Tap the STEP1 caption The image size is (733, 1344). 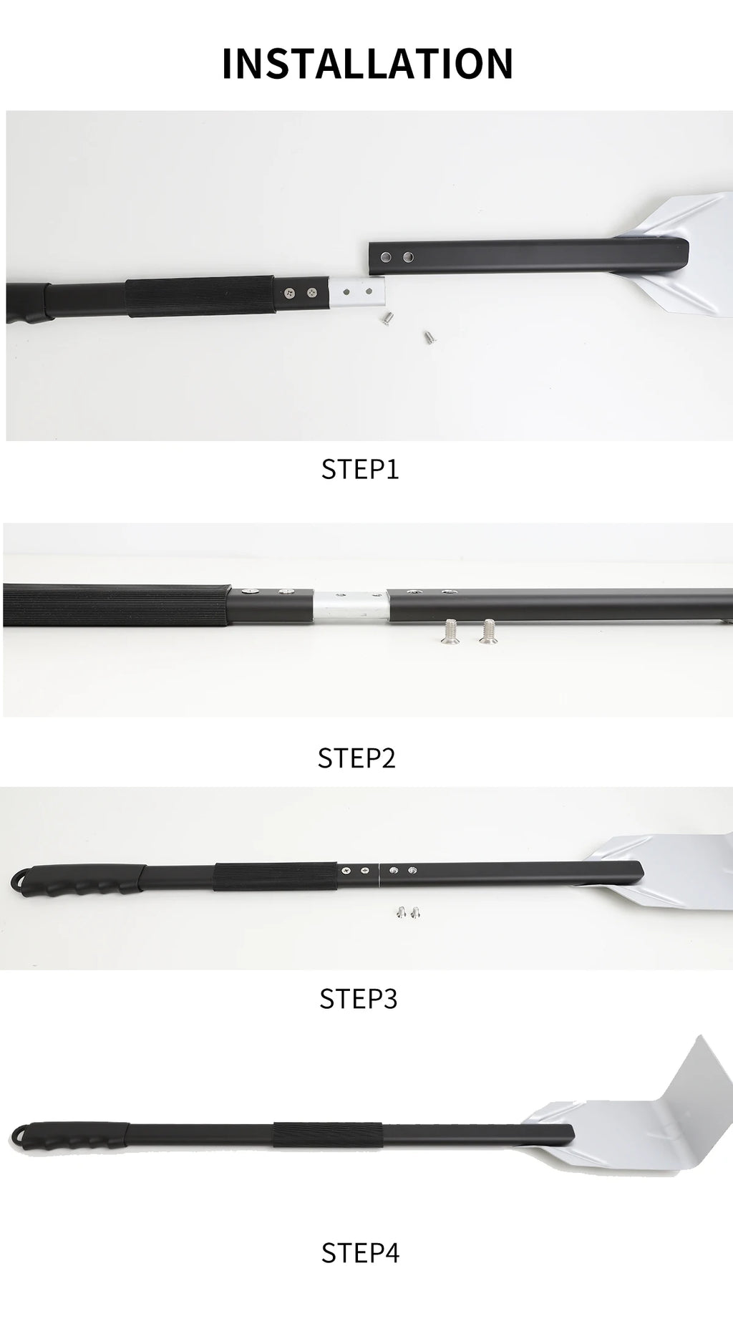359,469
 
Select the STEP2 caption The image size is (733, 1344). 356,758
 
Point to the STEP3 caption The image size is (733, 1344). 358,998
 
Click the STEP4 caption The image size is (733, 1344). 360,1252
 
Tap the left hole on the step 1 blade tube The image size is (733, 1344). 387,256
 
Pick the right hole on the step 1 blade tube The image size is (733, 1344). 409,256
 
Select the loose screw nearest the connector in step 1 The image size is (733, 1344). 385,315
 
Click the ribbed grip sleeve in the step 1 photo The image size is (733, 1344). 200,296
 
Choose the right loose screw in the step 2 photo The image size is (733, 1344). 489,631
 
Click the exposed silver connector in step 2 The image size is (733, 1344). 351,607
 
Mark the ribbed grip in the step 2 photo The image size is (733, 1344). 115,605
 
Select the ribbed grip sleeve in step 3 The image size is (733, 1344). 275,876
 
